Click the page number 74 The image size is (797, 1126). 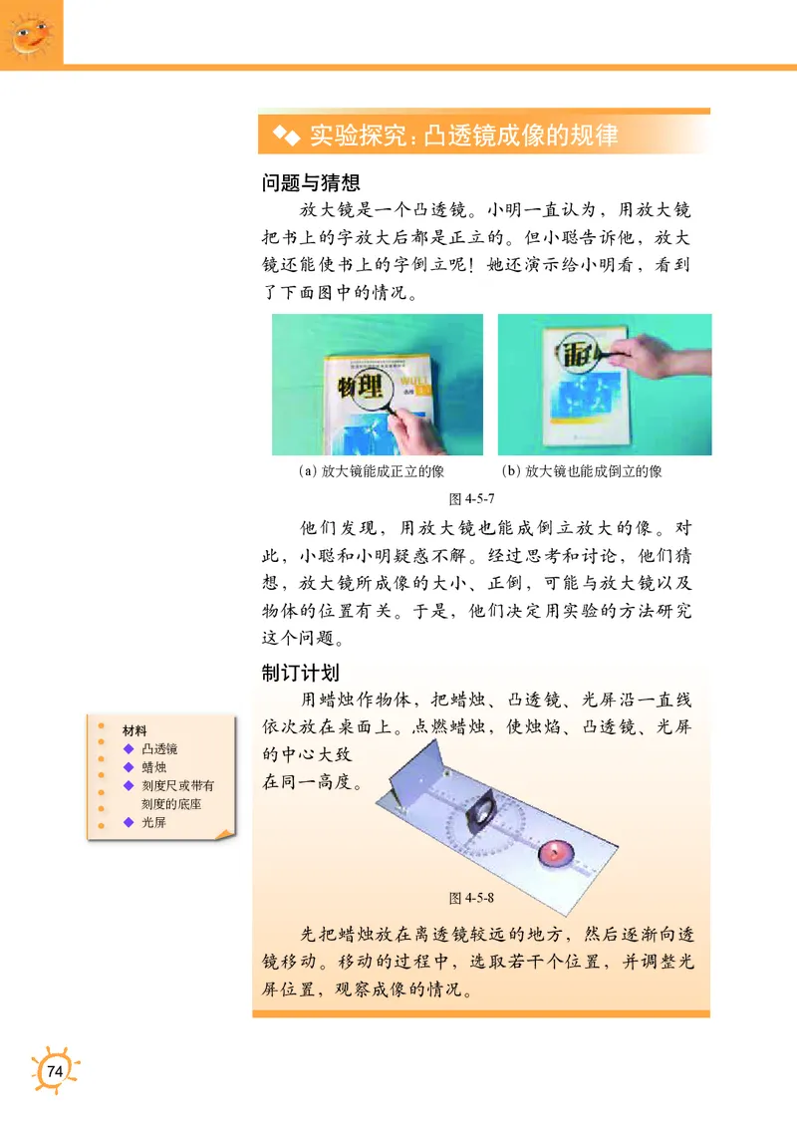[54, 1071]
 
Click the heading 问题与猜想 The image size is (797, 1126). [310, 183]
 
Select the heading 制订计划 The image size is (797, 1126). [300, 672]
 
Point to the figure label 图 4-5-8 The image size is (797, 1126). [472, 898]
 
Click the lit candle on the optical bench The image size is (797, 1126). [554, 852]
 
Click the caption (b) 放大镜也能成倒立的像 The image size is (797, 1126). [582, 471]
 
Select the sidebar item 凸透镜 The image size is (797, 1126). [159, 749]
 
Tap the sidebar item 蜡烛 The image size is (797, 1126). [153, 767]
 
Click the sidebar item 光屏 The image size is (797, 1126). [153, 822]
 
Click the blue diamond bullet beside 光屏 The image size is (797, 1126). [127, 822]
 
